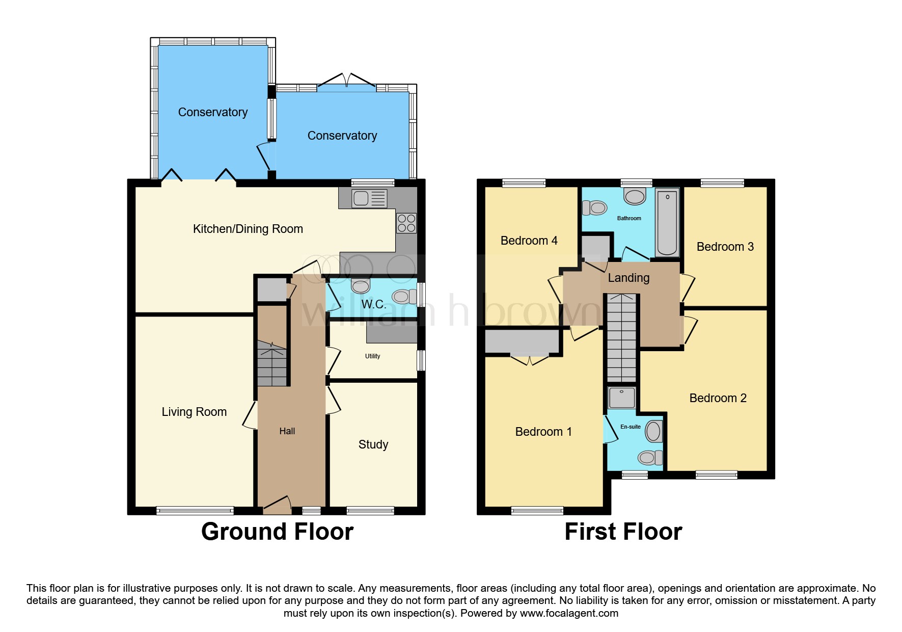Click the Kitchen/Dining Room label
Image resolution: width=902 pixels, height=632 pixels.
pyautogui.click(x=248, y=229)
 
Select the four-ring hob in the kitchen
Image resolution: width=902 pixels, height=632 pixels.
pyautogui.click(x=406, y=223)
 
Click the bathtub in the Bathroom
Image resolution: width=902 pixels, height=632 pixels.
pyautogui.click(x=667, y=223)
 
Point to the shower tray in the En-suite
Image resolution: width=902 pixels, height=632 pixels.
pyautogui.click(x=622, y=398)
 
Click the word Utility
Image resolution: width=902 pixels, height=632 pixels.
pyautogui.click(x=372, y=356)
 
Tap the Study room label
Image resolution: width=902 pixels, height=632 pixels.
pyautogui.click(x=373, y=444)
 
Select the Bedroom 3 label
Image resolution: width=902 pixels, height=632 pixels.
pyautogui.click(x=725, y=247)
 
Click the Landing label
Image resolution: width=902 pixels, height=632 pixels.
pyautogui.click(x=628, y=278)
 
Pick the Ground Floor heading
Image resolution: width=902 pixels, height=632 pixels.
pyautogui.click(x=277, y=532)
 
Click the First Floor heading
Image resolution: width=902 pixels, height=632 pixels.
pyautogui.click(x=623, y=532)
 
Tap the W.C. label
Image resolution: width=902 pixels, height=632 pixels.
pyautogui.click(x=373, y=304)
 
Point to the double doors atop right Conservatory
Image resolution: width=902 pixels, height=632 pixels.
pyautogui.click(x=347, y=81)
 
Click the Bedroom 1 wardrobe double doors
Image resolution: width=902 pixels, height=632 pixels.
pyautogui.click(x=530, y=359)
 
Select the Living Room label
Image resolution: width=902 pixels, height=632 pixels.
pyautogui.click(x=194, y=412)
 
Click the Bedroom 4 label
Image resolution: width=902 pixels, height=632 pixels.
pyautogui.click(x=529, y=241)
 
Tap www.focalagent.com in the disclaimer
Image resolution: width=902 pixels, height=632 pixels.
pyautogui.click(x=569, y=613)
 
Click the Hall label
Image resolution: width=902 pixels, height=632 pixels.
pyautogui.click(x=287, y=431)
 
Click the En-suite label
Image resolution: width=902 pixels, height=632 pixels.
pyautogui.click(x=630, y=427)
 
